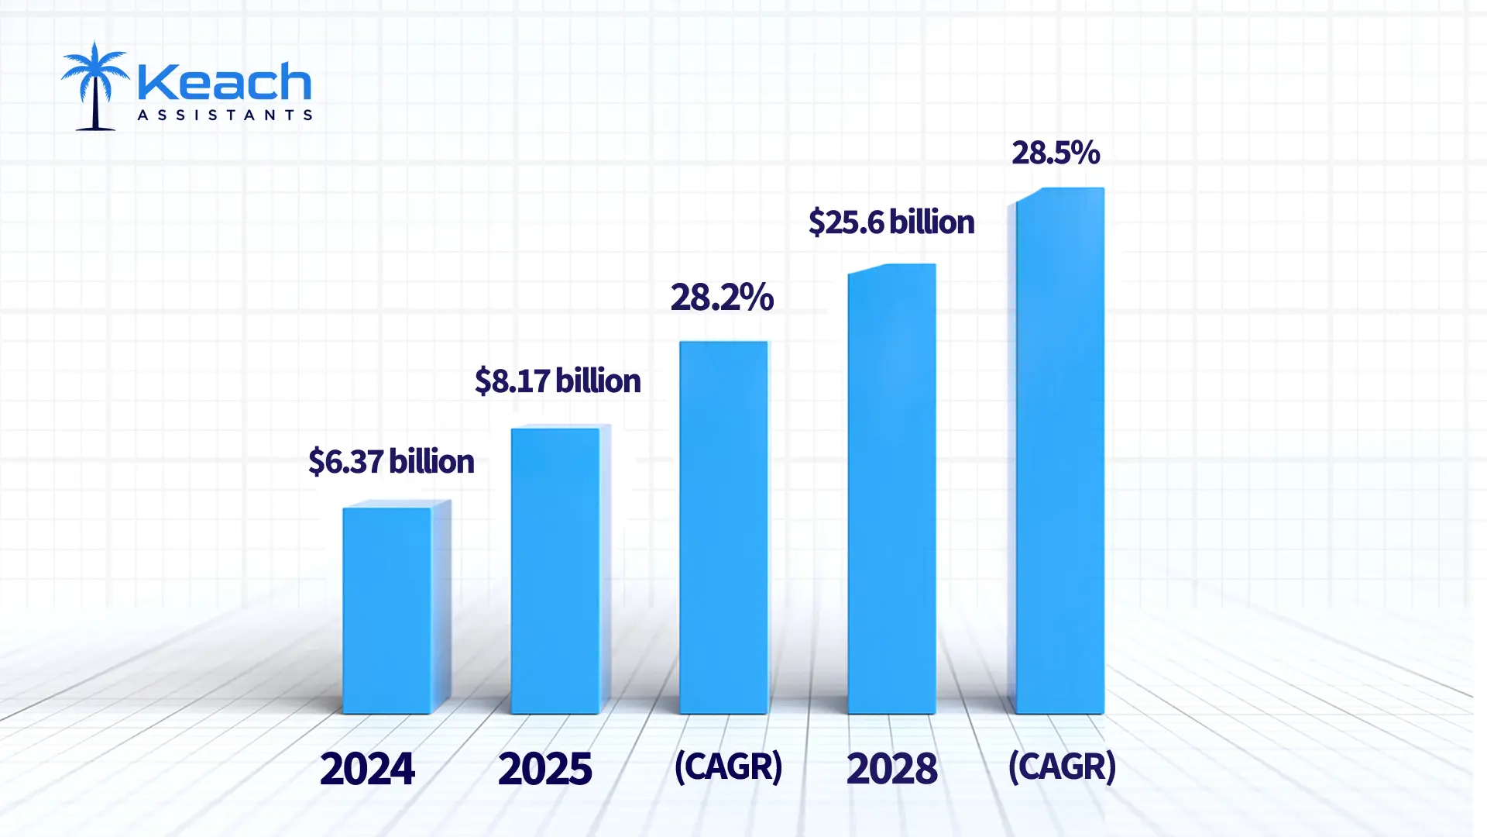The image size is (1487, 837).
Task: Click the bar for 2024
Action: pyautogui.click(x=387, y=610)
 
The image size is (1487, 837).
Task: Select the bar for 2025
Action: pyautogui.click(x=555, y=570)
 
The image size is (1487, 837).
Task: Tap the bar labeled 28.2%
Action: pyautogui.click(x=723, y=527)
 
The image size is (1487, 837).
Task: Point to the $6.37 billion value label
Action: pyautogui.click(x=391, y=461)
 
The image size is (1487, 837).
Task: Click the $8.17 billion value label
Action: pyautogui.click(x=558, y=381)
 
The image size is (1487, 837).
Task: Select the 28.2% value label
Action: pyautogui.click(x=722, y=297)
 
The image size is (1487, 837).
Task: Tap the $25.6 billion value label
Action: pyautogui.click(x=891, y=222)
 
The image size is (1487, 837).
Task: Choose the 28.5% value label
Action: pyautogui.click(x=1056, y=153)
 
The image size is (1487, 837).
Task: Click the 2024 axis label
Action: pyautogui.click(x=367, y=768)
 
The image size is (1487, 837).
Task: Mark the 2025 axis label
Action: pyautogui.click(x=544, y=768)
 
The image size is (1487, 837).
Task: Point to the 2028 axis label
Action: pyautogui.click(x=891, y=768)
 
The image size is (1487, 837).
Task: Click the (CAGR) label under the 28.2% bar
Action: pyautogui.click(x=728, y=766)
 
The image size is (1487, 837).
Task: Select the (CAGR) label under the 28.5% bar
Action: pyautogui.click(x=1062, y=766)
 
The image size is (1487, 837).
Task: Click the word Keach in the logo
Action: pyautogui.click(x=224, y=82)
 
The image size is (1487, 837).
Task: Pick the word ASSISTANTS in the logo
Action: pyautogui.click(x=225, y=115)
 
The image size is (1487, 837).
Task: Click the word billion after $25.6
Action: pyautogui.click(x=932, y=222)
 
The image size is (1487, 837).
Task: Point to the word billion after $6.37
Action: pyautogui.click(x=431, y=461)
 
